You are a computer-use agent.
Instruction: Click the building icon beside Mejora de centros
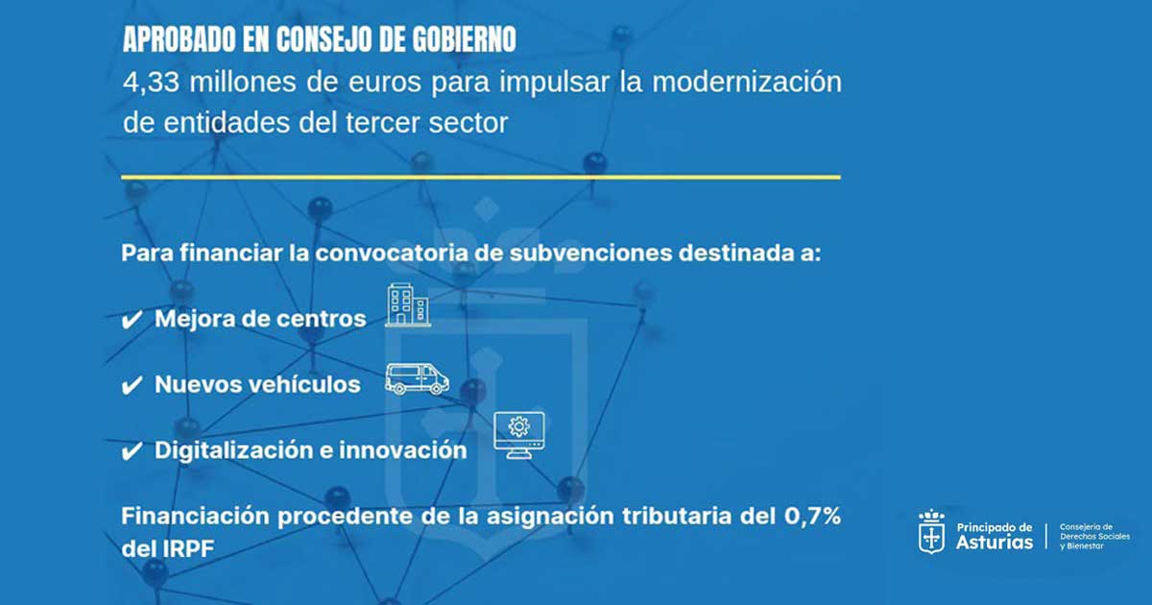(408, 305)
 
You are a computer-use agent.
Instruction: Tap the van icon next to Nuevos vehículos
(417, 378)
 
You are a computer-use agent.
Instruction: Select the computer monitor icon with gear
(519, 435)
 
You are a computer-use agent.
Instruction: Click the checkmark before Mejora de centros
(132, 320)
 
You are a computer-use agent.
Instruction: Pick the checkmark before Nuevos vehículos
(132, 385)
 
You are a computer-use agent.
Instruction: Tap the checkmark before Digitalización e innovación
(132, 451)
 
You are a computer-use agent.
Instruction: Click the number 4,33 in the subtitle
(152, 83)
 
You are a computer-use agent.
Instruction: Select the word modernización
(747, 83)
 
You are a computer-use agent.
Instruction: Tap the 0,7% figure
(812, 516)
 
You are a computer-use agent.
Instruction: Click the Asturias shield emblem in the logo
(931, 531)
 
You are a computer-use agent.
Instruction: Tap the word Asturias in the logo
(995, 543)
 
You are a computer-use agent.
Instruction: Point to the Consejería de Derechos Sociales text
(1095, 537)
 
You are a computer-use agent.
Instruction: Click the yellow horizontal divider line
(481, 178)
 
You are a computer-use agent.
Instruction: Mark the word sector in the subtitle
(468, 124)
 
